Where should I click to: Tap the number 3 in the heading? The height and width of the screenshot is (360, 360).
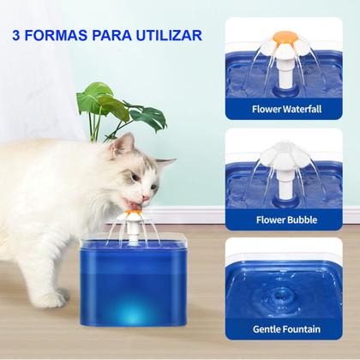pos(19,36)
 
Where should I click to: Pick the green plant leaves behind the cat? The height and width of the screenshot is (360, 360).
pos(111,107)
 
